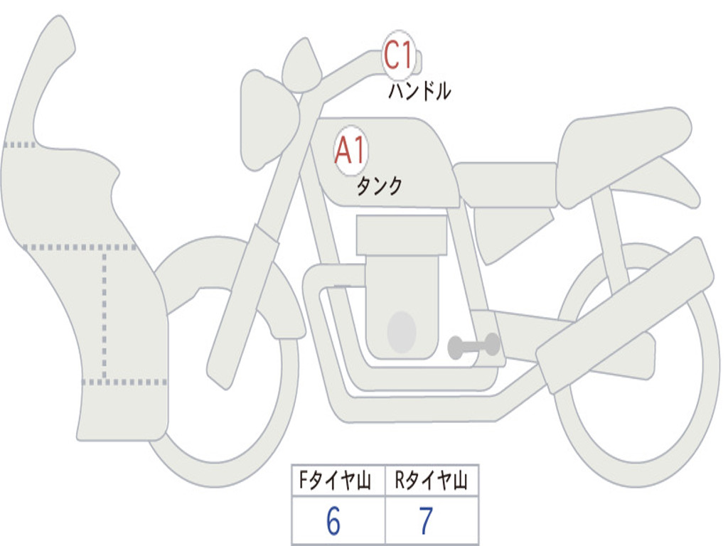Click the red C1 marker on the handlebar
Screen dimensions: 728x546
[x=398, y=55]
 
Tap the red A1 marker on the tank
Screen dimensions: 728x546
[x=350, y=151]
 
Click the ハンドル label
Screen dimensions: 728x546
[x=419, y=91]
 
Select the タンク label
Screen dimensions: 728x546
[x=379, y=186]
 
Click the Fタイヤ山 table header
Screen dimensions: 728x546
[x=335, y=480]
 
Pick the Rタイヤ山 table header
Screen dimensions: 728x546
[x=431, y=480]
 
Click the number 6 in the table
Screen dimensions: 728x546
[x=333, y=521]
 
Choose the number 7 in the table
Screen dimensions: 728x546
[x=427, y=521]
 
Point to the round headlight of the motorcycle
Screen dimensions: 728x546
[x=269, y=119]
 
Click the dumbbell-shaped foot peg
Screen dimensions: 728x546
[x=473, y=346]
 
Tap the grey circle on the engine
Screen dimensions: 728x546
[x=402, y=332]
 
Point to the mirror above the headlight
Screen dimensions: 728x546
[x=301, y=65]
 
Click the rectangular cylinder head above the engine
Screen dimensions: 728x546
[x=402, y=235]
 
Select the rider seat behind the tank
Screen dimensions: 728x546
[x=505, y=185]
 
